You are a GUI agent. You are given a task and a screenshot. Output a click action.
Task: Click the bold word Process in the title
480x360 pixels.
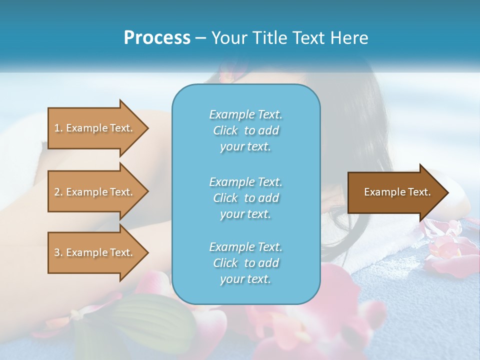[x=157, y=38]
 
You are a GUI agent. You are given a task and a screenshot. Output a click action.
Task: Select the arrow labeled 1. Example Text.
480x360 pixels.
[x=95, y=128]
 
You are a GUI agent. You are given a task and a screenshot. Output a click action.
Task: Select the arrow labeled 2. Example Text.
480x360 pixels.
[x=95, y=192]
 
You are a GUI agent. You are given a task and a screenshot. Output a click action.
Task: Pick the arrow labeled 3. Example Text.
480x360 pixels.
[x=95, y=252]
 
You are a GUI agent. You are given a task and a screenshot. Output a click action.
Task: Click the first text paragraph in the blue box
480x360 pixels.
[x=245, y=130]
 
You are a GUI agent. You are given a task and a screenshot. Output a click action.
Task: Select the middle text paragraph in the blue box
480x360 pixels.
[x=245, y=198]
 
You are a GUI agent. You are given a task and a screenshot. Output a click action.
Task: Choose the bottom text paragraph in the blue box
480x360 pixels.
[x=245, y=263]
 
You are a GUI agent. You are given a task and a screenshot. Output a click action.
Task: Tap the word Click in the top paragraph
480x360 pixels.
[x=225, y=130]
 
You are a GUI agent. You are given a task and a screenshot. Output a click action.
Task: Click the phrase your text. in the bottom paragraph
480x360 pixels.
[x=245, y=279]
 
